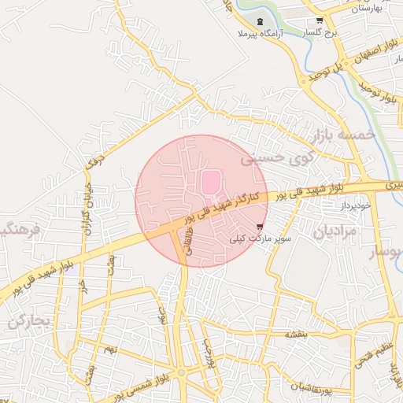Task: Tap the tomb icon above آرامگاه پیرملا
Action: tap(260, 20)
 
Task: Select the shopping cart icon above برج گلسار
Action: tap(319, 20)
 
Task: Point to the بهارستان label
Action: tap(368, 8)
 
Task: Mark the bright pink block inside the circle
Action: tap(210, 183)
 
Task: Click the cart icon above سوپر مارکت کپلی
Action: tap(260, 225)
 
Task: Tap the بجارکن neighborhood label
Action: tap(30, 320)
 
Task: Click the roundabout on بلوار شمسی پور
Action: tap(181, 372)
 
